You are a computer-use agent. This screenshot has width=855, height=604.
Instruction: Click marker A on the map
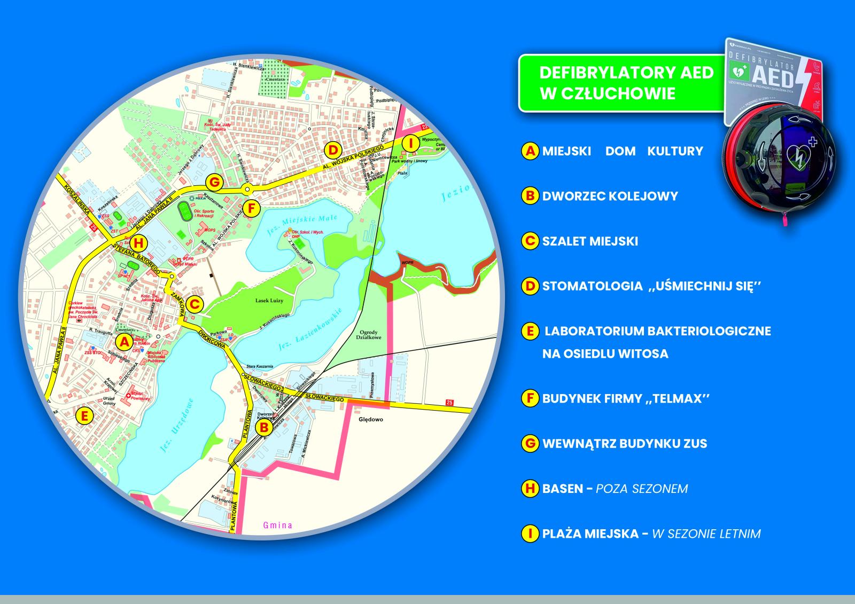125,342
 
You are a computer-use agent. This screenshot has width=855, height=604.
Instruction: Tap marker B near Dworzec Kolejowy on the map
263,427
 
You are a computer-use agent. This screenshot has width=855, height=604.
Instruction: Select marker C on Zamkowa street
195,304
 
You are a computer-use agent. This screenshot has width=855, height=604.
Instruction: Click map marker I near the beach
410,143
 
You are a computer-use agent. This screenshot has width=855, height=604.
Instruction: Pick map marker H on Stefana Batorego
138,243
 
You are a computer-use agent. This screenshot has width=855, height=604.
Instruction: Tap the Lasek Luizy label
270,301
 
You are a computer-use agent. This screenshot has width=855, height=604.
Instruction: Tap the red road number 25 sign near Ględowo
449,403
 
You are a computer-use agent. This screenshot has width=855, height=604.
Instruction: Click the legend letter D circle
530,286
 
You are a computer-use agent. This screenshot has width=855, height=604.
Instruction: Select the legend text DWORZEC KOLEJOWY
610,196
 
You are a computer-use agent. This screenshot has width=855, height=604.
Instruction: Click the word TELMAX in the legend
674,398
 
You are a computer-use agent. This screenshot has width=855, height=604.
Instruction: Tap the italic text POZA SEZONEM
641,489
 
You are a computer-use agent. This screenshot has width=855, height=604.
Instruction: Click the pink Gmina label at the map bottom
277,525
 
